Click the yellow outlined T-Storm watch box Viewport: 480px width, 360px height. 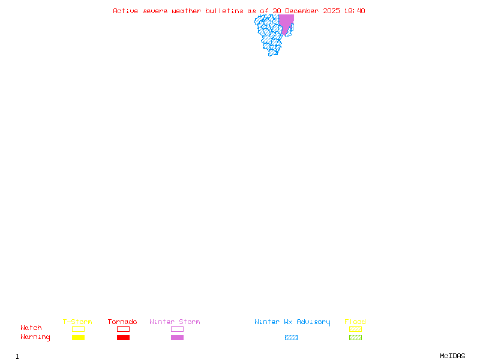(78, 329)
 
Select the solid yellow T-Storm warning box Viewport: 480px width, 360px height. (78, 337)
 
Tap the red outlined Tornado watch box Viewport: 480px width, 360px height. (123, 329)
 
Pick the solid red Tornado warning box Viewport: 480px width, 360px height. (123, 337)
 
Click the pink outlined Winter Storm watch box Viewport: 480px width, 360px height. (177, 329)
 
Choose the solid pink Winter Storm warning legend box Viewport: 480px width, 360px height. (177, 337)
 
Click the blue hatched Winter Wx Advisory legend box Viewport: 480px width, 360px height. (291, 337)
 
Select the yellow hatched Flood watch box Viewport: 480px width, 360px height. (355, 329)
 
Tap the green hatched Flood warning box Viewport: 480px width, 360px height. (355, 337)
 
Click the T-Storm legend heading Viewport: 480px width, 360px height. (77, 322)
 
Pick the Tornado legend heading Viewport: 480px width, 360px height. (122, 322)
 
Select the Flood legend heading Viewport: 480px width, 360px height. (355, 322)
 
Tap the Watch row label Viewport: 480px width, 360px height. (31, 328)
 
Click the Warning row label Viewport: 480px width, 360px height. (35, 337)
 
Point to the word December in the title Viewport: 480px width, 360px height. (304, 11)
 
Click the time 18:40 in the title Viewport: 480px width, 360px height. (355, 11)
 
